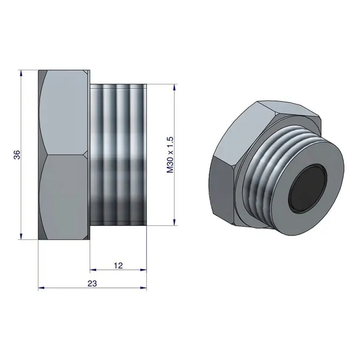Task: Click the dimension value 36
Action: pyautogui.click(x=17, y=155)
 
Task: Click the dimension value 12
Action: pyautogui.click(x=119, y=266)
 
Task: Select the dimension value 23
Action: pyautogui.click(x=92, y=283)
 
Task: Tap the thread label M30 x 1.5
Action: pyautogui.click(x=171, y=155)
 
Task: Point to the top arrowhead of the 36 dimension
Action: pyautogui.click(x=21, y=73)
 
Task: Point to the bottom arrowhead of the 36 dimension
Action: pyautogui.click(x=21, y=237)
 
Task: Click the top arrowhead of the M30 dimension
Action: pyautogui.click(x=175, y=87)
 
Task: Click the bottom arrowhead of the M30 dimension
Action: pyautogui.click(x=175, y=222)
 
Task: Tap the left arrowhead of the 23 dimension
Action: pyautogui.click(x=41, y=287)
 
